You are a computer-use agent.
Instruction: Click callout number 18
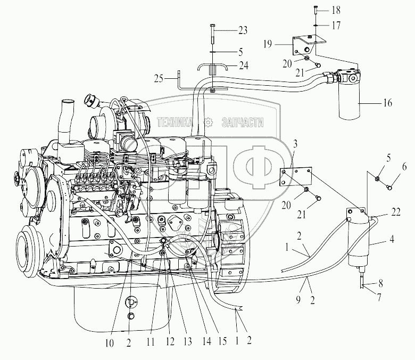pyautogui.click(x=336, y=10)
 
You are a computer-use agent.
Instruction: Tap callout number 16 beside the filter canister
pyautogui.click(x=387, y=103)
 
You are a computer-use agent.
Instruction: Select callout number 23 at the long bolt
pyautogui.click(x=243, y=30)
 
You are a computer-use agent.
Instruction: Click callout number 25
pyautogui.click(x=159, y=79)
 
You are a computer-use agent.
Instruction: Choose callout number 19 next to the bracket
pyautogui.click(x=268, y=44)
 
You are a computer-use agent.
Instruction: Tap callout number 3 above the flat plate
pyautogui.click(x=295, y=144)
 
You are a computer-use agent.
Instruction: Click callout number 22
pyautogui.click(x=396, y=212)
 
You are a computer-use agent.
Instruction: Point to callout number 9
pyautogui.click(x=298, y=300)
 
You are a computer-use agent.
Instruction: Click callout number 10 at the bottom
pyautogui.click(x=109, y=343)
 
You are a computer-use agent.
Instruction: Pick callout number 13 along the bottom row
pyautogui.click(x=187, y=341)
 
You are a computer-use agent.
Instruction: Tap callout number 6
pyautogui.click(x=404, y=167)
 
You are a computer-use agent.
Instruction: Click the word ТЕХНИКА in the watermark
pyautogui.click(x=175, y=122)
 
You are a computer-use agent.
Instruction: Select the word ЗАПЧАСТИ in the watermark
pyautogui.click(x=243, y=122)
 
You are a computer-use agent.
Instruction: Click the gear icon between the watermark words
pyautogui.click(x=208, y=122)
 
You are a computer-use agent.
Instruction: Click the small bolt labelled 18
pyautogui.click(x=315, y=10)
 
